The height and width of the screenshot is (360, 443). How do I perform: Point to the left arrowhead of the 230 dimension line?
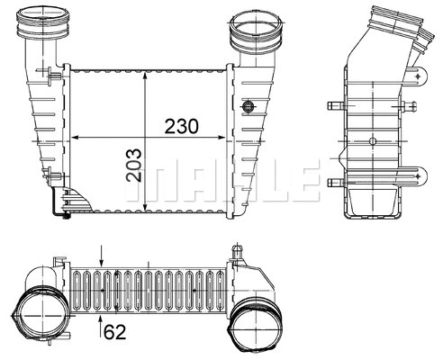[x=74, y=137]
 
